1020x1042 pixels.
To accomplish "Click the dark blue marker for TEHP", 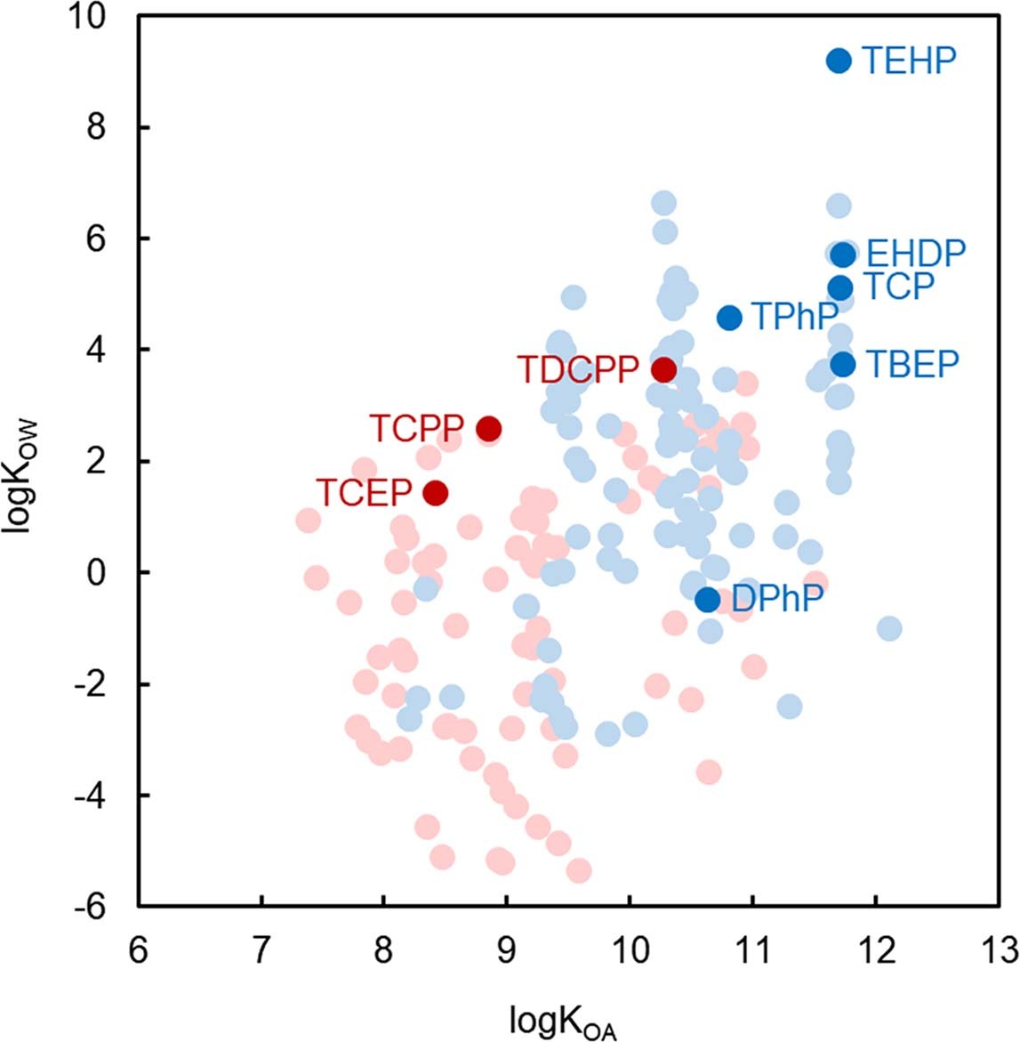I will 839,61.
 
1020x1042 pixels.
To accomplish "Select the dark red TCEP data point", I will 435,493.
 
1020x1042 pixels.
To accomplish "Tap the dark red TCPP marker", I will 488,429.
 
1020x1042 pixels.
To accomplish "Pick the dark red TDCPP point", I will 663,369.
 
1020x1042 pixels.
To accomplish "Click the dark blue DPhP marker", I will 708,599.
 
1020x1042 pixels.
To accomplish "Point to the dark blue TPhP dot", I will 729,318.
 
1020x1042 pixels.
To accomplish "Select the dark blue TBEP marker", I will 843,364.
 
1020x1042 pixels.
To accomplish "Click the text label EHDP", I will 915,254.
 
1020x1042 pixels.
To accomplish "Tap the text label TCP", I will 899,287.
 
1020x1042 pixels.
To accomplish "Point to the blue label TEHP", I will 909,61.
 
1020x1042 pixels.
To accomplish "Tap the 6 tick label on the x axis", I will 138,950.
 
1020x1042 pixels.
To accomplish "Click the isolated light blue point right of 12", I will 889,629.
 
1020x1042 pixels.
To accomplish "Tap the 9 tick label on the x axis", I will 506,950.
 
